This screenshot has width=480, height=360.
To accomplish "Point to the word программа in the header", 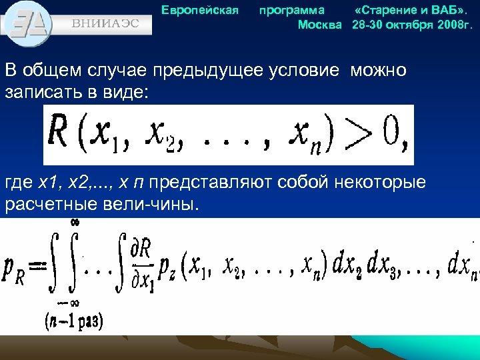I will [x=292, y=10].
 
